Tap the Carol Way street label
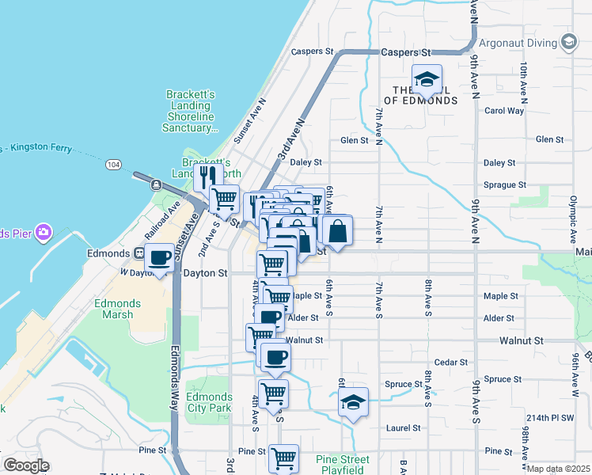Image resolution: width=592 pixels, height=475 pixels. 504,111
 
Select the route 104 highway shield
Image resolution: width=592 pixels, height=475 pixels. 114,164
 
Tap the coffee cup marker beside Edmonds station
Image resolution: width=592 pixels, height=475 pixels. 161,257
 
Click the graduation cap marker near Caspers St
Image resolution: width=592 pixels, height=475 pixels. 427,79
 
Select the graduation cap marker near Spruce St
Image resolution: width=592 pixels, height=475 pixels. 354,401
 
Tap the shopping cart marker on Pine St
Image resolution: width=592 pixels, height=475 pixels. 283,457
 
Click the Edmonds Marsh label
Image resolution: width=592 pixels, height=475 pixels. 117,309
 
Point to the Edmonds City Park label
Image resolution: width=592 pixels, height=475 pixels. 209,402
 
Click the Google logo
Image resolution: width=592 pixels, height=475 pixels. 25,465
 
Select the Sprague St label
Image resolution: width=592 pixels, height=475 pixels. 505,184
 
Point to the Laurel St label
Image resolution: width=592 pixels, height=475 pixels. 403,428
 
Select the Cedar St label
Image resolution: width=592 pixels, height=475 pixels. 451,362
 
